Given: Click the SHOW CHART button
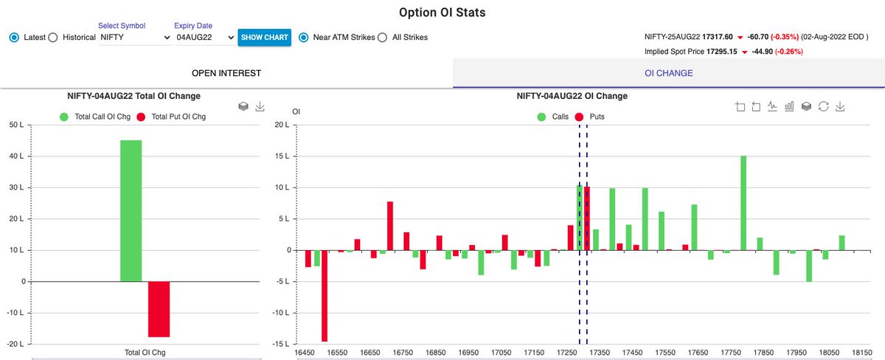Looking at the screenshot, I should pos(264,37).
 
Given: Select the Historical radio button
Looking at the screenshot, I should pos(52,37).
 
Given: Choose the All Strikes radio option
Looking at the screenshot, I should pos(382,37).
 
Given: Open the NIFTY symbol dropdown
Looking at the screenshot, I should pos(134,37).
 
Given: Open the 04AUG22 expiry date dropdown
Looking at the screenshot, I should pos(205,37).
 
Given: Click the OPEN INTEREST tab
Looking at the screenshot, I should pos(226,73).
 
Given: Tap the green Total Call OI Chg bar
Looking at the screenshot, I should pos(131,210).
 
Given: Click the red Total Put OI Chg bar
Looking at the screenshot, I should pos(159,309).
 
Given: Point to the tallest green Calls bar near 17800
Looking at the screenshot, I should pos(743,203).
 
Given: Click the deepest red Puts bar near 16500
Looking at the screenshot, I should pos(324,295).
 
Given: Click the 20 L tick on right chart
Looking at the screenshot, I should pos(281,125).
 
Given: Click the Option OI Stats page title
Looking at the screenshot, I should pos(442,13).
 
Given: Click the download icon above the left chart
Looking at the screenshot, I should pos(260,107).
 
